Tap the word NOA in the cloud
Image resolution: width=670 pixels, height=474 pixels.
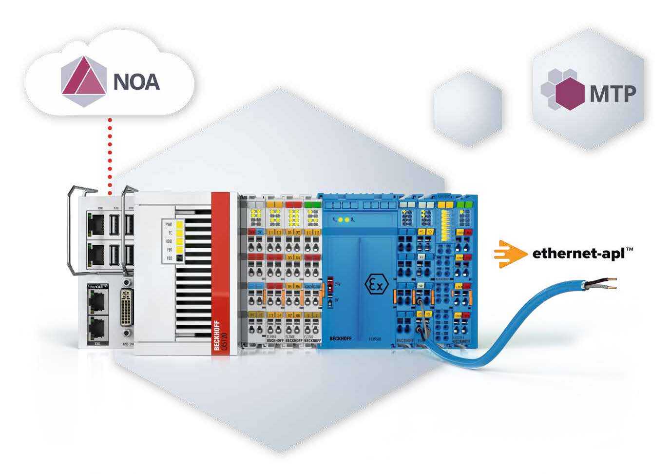(x=136, y=81)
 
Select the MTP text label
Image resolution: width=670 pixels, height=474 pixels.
(x=613, y=94)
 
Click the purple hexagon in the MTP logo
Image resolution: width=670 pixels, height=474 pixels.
(x=569, y=92)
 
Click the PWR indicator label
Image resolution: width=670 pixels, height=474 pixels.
(x=169, y=224)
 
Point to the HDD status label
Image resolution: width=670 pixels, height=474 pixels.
(x=169, y=241)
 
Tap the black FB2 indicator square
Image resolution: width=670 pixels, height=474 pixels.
(x=180, y=258)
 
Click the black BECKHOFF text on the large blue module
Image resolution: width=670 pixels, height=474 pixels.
(x=341, y=337)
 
